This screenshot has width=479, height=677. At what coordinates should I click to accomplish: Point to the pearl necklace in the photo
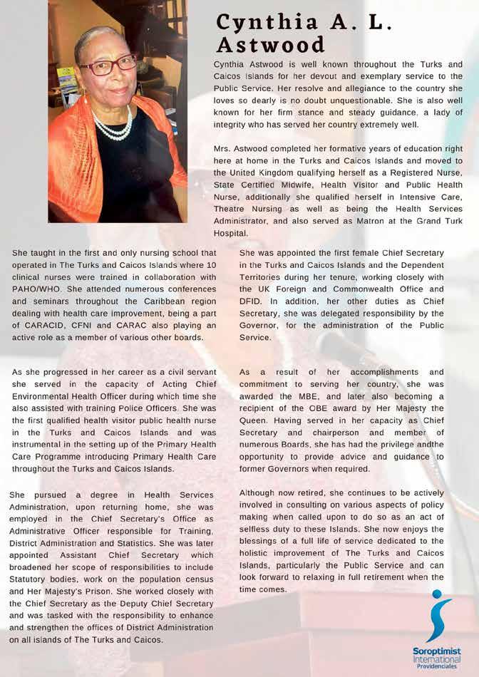113,126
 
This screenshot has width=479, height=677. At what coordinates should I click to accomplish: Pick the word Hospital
230,233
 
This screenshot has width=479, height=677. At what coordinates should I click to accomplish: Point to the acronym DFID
252,301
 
